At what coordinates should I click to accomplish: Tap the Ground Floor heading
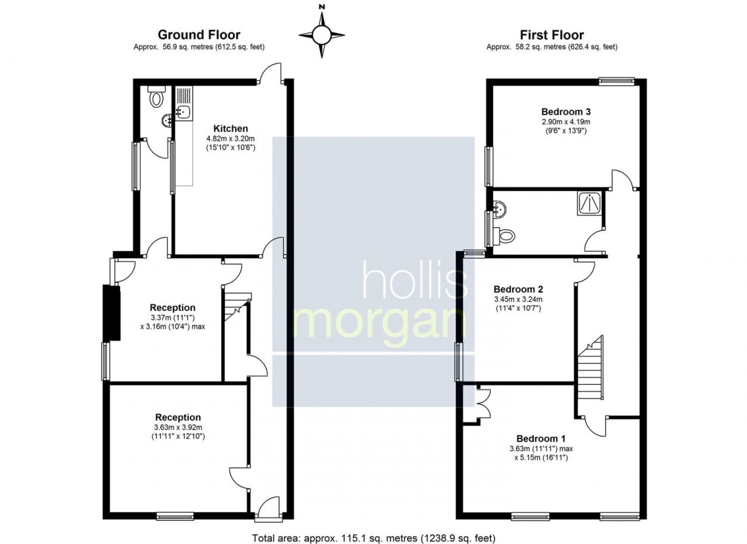pyautogui.click(x=199, y=35)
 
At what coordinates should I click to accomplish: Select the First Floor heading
pyautogui.click(x=551, y=35)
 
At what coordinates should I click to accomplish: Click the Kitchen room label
pyautogui.click(x=231, y=129)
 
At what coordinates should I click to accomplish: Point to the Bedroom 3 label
pyautogui.click(x=566, y=112)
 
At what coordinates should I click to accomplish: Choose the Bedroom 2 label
pyautogui.click(x=518, y=289)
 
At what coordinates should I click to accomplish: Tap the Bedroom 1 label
pyautogui.click(x=541, y=439)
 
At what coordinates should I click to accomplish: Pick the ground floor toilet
pyautogui.click(x=156, y=96)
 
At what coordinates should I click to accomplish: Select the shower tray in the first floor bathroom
pyautogui.click(x=589, y=202)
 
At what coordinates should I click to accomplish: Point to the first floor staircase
pyautogui.click(x=590, y=368)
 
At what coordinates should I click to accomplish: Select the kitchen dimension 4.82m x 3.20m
pyautogui.click(x=231, y=139)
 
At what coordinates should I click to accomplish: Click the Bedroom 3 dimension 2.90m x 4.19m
pyautogui.click(x=566, y=122)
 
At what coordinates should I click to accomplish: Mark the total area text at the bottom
pyautogui.click(x=373, y=539)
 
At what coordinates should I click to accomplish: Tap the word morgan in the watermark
pyautogui.click(x=380, y=323)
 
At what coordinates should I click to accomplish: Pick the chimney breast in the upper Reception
pyautogui.click(x=112, y=313)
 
